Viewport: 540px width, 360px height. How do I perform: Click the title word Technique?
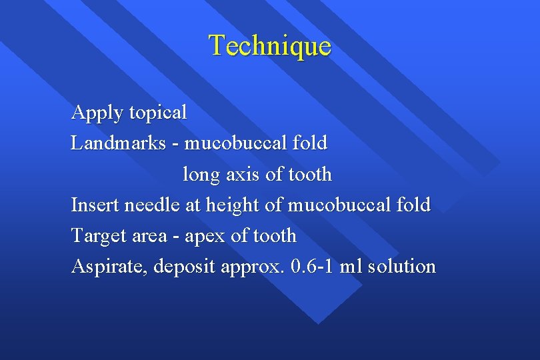pyautogui.click(x=270, y=45)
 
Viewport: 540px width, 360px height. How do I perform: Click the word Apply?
pyautogui.click(x=97, y=113)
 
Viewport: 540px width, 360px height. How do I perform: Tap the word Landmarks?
pyautogui.click(x=118, y=143)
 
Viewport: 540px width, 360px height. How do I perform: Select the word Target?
pyautogui.click(x=101, y=235)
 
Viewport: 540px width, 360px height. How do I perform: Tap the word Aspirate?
pyautogui.click(x=109, y=267)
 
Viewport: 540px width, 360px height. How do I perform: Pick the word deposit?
pyautogui.click(x=186, y=267)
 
